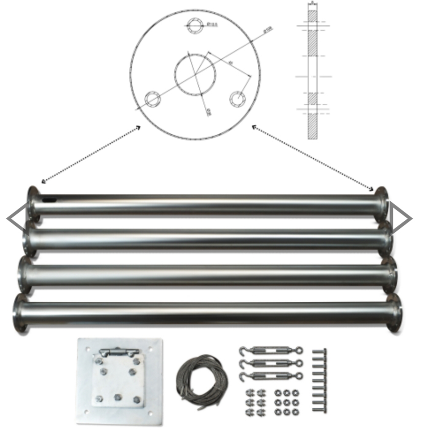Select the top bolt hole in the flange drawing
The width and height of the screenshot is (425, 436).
pos(195,25)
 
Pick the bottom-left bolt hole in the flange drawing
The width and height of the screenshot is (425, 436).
pos(152,99)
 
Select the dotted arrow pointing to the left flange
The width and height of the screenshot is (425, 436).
pos(91,154)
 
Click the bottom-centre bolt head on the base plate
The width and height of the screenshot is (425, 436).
pos(118,397)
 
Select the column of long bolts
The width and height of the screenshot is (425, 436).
pos(319,380)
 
